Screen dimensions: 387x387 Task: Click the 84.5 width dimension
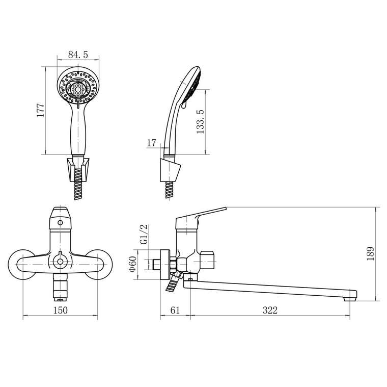[78, 55]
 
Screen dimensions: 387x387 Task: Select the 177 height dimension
[41, 110]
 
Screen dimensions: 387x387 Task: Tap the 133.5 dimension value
[201, 122]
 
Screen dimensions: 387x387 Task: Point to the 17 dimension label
[152, 143]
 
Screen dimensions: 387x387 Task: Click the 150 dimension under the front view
[60, 310]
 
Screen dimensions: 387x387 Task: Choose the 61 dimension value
[175, 310]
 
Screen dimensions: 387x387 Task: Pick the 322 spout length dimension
[270, 310]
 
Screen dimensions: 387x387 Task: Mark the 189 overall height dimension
[371, 253]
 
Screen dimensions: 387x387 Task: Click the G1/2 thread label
[144, 234]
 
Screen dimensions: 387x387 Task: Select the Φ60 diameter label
[132, 264]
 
